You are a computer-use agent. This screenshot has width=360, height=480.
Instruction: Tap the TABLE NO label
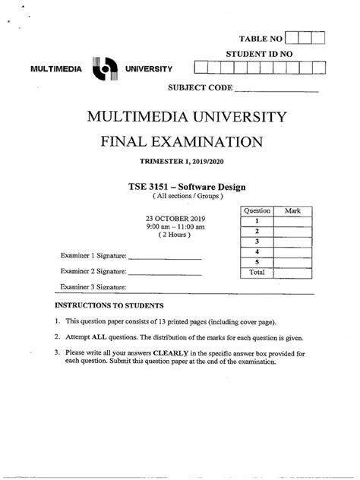[261, 37]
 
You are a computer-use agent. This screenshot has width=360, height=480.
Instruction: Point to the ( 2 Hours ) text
[175, 235]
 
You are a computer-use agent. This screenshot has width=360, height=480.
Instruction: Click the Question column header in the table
[257, 210]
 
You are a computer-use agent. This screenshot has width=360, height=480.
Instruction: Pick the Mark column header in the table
[292, 210]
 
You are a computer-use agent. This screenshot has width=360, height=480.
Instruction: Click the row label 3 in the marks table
[257, 241]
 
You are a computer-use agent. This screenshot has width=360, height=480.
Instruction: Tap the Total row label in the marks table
[257, 271]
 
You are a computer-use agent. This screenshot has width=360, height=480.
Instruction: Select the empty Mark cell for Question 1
[292, 220]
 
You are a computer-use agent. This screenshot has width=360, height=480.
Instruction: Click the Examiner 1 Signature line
[165, 258]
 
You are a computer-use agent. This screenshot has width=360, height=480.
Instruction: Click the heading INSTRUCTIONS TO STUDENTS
[109, 305]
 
